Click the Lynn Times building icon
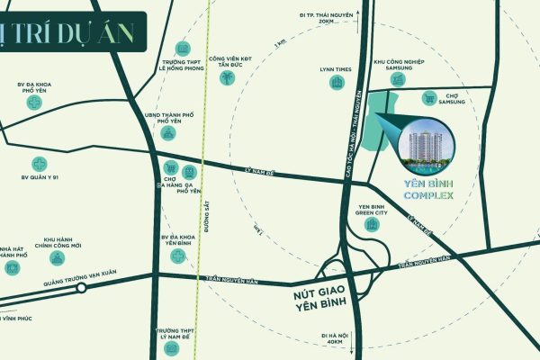point(337,84)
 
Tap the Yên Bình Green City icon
point(372,224)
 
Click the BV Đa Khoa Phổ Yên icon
point(35,103)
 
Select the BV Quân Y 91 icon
point(39,164)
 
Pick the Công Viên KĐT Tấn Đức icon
point(228,78)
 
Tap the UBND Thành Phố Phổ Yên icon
point(168,133)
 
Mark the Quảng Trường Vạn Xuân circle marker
point(81,289)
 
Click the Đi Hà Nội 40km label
point(335,338)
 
